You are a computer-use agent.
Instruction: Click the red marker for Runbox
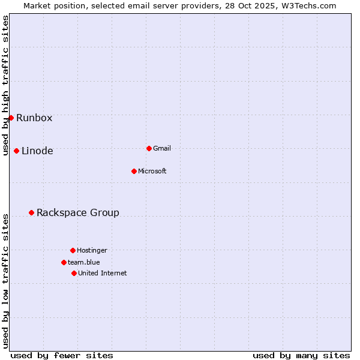click(x=11, y=118)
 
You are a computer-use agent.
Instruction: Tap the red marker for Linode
click(x=16, y=151)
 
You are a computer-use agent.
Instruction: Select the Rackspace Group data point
click(x=31, y=212)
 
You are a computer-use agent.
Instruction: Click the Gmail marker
click(x=149, y=148)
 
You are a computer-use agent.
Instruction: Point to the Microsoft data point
click(x=134, y=171)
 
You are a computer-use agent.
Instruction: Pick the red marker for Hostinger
click(x=73, y=250)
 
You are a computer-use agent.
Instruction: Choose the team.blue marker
click(x=64, y=262)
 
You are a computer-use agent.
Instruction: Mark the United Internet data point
click(x=74, y=273)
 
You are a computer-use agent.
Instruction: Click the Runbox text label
click(x=34, y=118)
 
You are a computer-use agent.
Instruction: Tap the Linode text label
click(x=37, y=151)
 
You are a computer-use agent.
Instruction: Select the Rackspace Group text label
click(x=78, y=212)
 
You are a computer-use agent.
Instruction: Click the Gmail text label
click(x=162, y=148)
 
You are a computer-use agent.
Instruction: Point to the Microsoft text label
click(x=152, y=171)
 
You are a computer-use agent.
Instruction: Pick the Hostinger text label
click(x=92, y=250)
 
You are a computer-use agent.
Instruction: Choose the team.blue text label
click(x=84, y=262)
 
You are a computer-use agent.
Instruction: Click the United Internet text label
click(x=103, y=273)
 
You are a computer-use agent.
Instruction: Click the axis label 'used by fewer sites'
click(x=62, y=355)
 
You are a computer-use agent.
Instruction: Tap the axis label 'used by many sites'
click(x=301, y=355)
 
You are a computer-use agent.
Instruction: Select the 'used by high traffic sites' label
click(x=5, y=85)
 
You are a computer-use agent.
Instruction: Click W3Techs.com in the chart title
click(x=308, y=5)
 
